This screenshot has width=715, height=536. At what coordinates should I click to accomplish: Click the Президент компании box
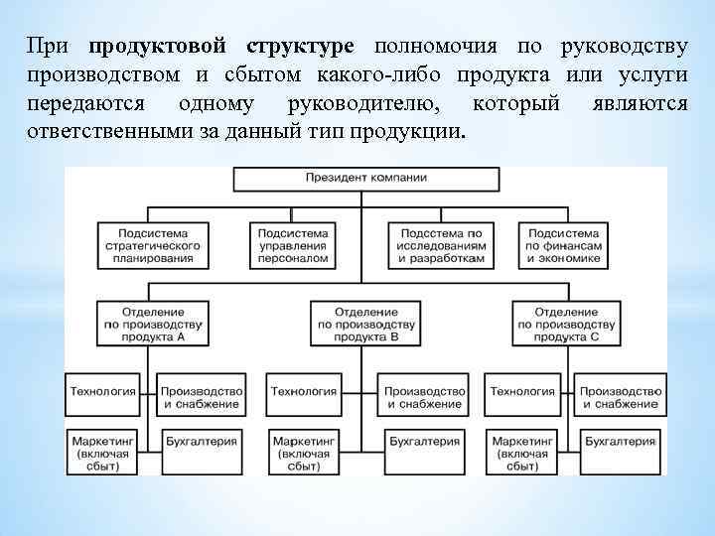[x=366, y=179]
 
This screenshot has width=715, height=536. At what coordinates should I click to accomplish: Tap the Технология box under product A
[x=103, y=393]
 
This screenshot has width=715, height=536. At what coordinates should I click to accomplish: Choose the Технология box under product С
[x=521, y=393]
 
